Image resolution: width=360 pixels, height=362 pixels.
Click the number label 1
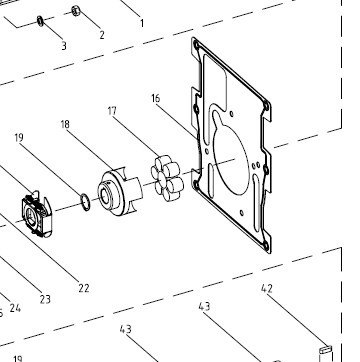click(142, 24)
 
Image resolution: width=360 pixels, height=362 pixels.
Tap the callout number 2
click(102, 35)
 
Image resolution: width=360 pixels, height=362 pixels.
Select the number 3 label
click(64, 46)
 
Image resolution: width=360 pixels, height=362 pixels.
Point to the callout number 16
click(156, 99)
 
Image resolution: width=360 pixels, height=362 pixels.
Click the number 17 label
click(112, 111)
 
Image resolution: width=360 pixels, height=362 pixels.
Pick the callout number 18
click(65, 124)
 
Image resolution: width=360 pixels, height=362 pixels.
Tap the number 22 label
click(84, 288)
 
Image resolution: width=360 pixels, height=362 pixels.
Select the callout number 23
click(45, 299)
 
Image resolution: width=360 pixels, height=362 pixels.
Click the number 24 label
click(15, 308)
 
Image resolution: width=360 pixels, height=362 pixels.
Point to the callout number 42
click(267, 289)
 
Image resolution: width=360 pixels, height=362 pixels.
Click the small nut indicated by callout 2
click(75, 11)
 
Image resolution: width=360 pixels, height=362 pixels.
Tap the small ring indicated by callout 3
click(40, 21)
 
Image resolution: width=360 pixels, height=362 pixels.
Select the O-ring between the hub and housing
click(85, 202)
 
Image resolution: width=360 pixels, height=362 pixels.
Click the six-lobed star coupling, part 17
click(167, 178)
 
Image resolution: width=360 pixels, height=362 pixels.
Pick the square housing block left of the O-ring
click(36, 214)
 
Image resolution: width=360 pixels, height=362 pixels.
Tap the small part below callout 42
click(326, 350)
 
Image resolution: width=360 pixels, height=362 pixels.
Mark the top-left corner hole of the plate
click(196, 44)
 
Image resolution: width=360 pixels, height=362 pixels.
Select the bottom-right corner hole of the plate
click(266, 246)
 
